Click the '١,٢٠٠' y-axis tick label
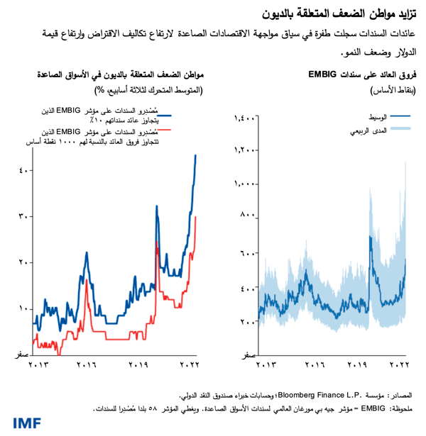coord(244,150)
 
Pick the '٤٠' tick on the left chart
coord(24,170)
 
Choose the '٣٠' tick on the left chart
coord(24,216)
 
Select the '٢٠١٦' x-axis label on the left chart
coord(86,365)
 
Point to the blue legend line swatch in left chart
coord(165,113)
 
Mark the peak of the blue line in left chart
coord(196,155)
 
